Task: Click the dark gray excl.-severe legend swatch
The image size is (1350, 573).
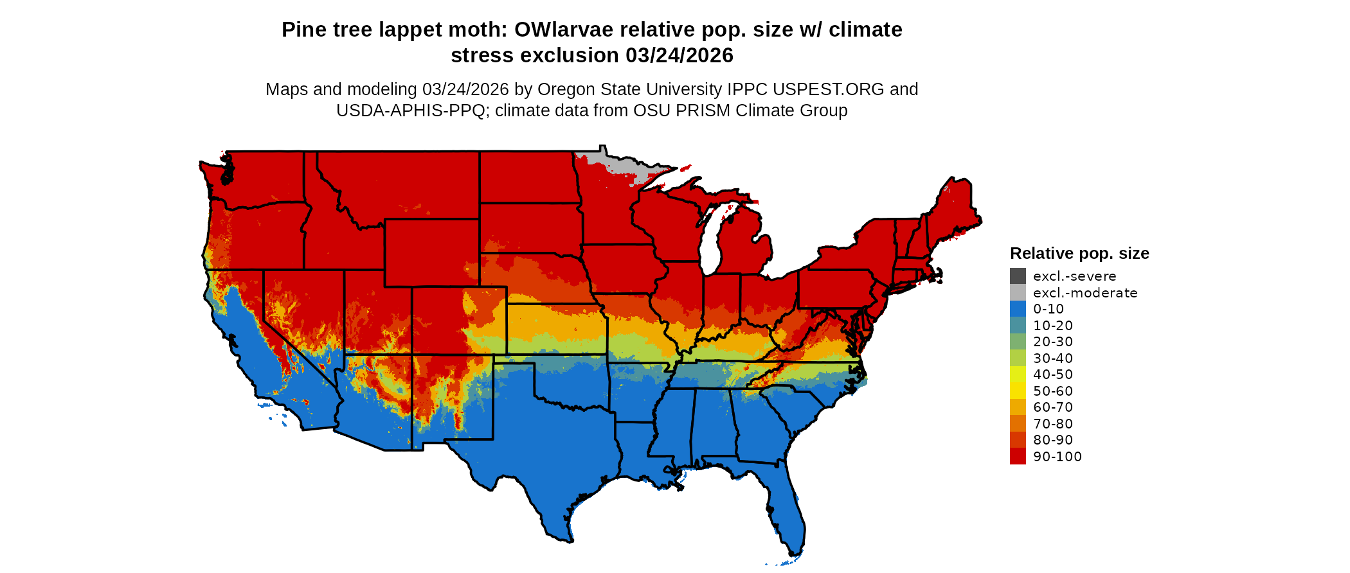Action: [1018, 276]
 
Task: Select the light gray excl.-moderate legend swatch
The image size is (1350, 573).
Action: [1018, 292]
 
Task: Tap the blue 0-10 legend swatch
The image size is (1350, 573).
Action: [1018, 309]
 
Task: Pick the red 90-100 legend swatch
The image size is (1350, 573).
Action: [1018, 456]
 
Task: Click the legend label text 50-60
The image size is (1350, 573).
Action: [1052, 391]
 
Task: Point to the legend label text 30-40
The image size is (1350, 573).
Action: [1052, 358]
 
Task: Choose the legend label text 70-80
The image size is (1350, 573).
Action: [1052, 423]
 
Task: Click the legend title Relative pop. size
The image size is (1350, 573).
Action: [1079, 253]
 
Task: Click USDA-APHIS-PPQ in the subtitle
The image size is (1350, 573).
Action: [410, 110]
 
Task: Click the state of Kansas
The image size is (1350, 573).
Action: [556, 328]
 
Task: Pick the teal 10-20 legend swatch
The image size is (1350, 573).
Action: [1018, 325]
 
